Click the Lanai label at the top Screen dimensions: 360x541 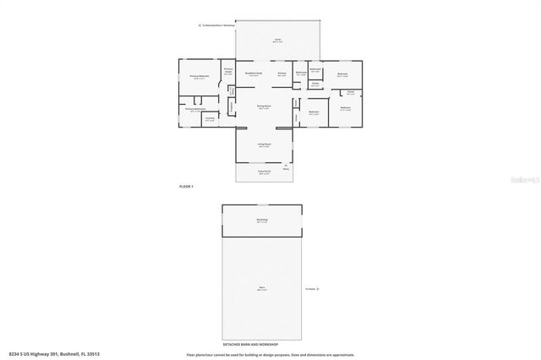[276, 40]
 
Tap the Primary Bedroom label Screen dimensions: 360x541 [199, 77]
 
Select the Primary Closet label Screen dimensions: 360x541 [228, 72]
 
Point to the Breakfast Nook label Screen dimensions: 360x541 [252, 74]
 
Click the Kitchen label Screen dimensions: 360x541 [281, 74]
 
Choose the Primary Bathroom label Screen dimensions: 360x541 [196, 109]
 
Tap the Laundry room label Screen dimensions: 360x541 [208, 118]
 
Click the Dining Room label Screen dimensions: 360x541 [263, 106]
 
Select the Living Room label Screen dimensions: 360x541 [264, 145]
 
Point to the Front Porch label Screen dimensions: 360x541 [264, 172]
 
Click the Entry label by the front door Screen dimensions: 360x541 [286, 169]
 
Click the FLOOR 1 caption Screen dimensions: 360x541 [187, 186]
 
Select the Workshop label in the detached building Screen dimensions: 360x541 [262, 220]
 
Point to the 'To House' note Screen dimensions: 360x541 [311, 288]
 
